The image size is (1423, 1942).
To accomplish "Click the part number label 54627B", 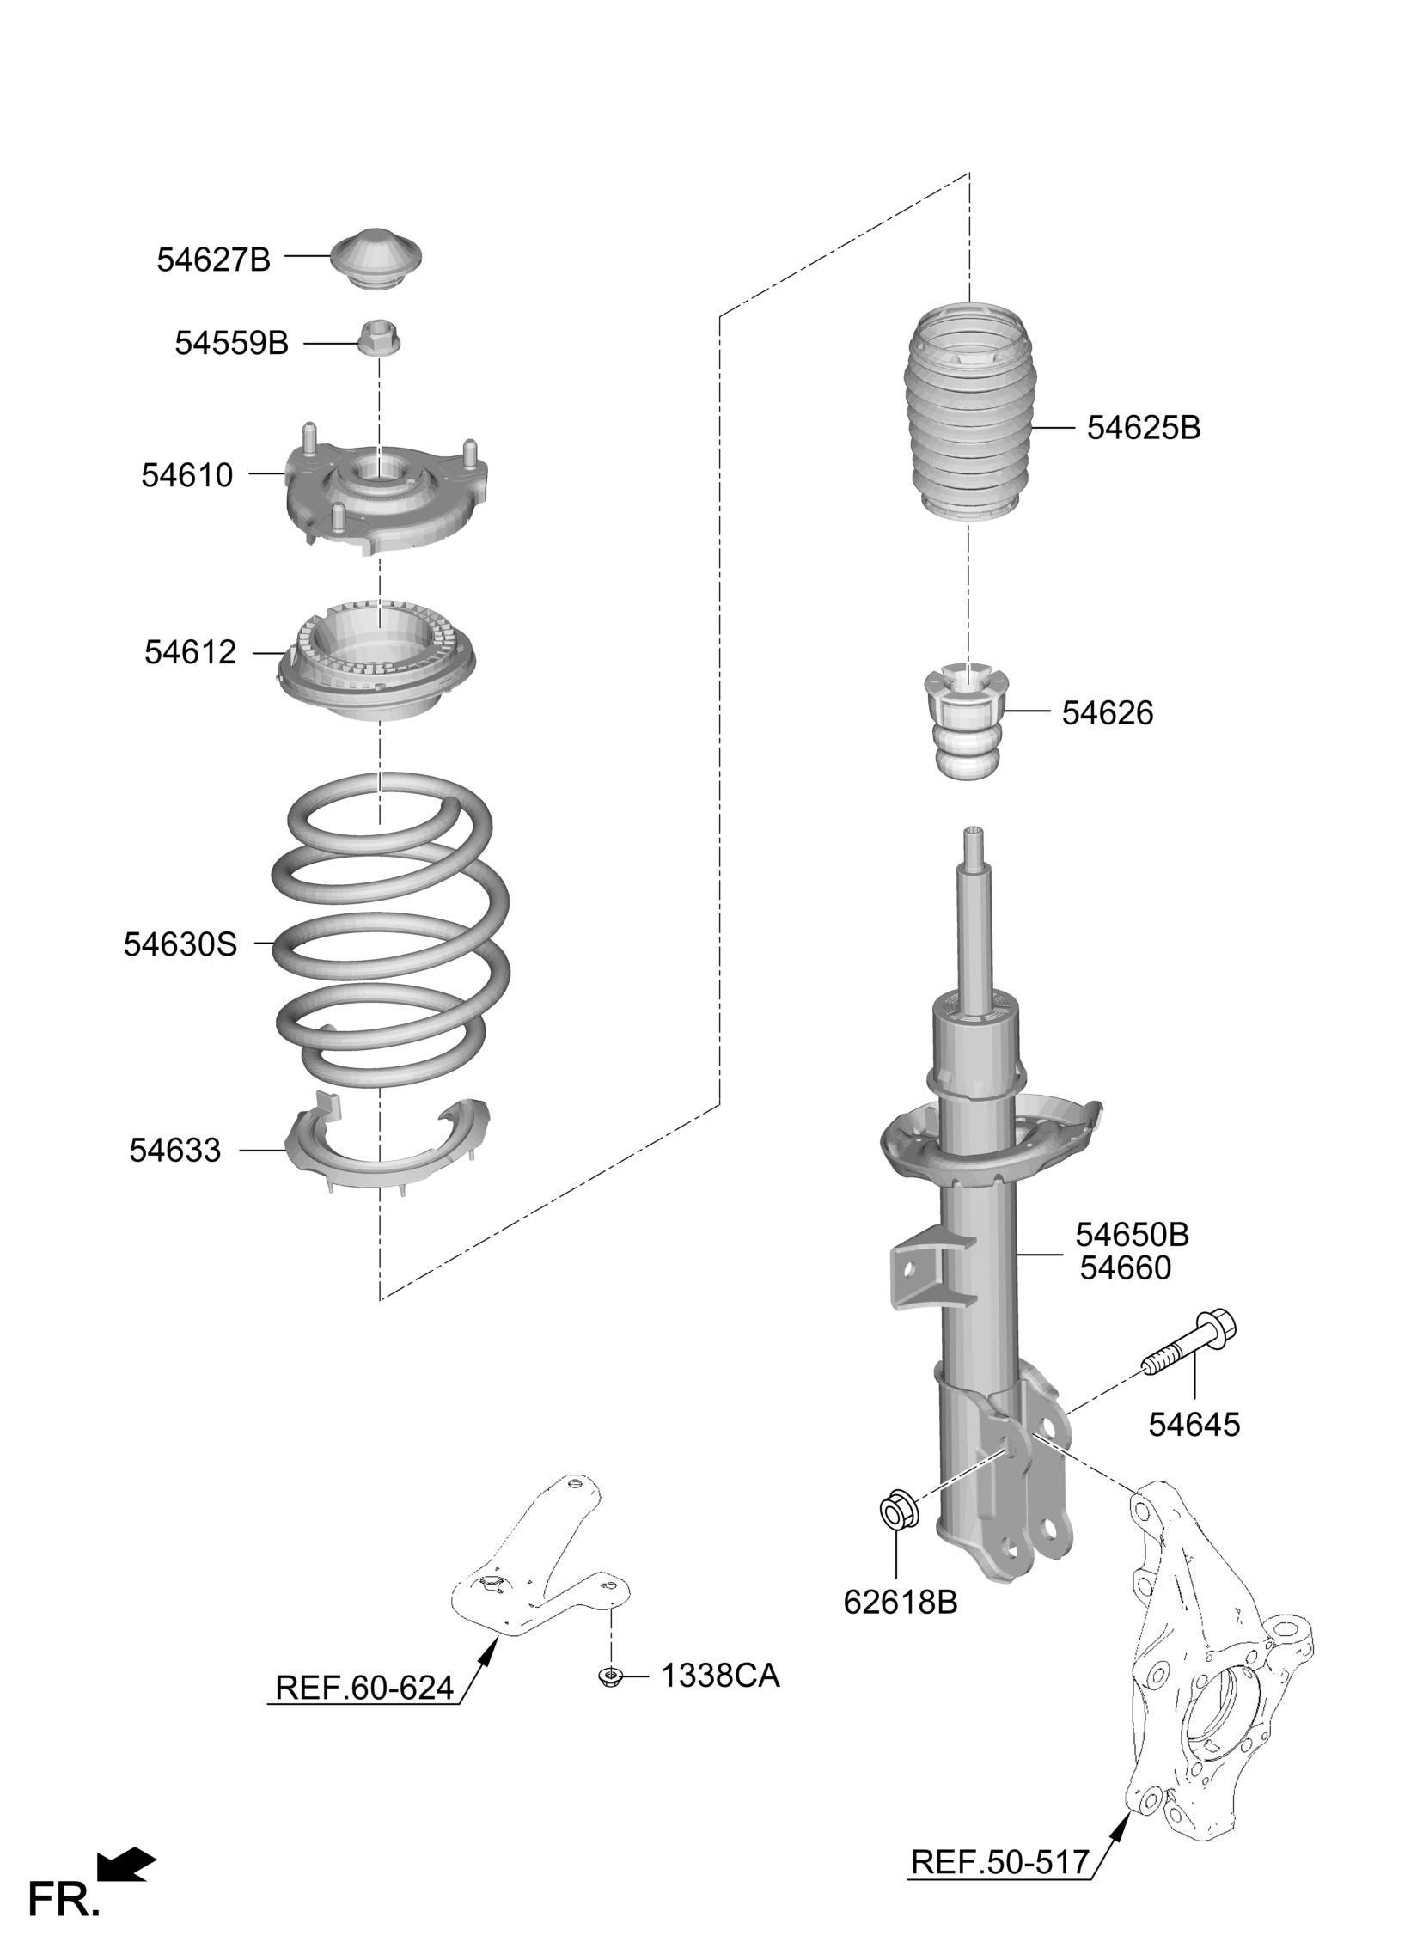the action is [x=214, y=260].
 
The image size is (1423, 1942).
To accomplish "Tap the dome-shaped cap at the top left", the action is [x=376, y=259].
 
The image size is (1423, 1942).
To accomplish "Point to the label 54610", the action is [x=187, y=475].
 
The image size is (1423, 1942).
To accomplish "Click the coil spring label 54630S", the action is [x=180, y=944].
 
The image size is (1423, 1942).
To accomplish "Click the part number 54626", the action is [x=1107, y=713].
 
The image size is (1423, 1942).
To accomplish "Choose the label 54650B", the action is [x=1132, y=1235].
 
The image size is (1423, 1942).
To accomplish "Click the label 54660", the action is [x=1126, y=1267].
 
